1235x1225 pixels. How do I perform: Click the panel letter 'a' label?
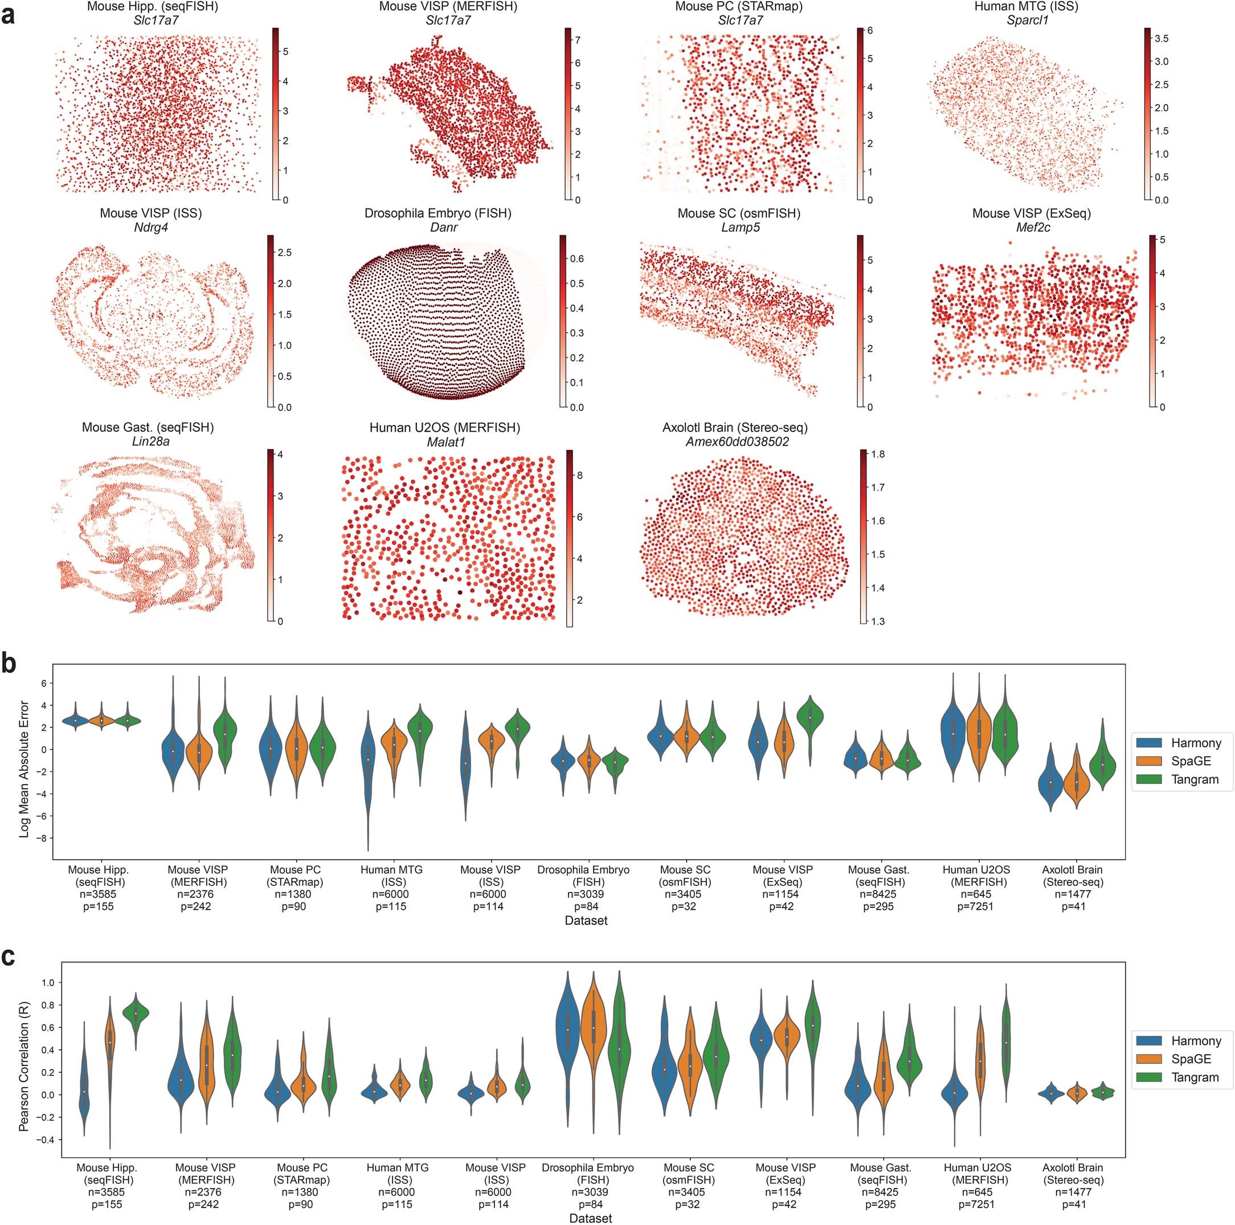[x=9, y=14]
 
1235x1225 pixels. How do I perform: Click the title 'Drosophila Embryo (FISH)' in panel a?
[x=437, y=213]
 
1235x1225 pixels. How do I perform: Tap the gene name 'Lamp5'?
[x=739, y=227]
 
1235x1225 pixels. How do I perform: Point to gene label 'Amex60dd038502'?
[x=734, y=442]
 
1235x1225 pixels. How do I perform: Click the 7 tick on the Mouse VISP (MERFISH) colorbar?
[x=577, y=40]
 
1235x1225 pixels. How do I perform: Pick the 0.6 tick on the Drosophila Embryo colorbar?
[x=576, y=259]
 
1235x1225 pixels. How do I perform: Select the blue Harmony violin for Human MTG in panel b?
[x=368, y=761]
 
